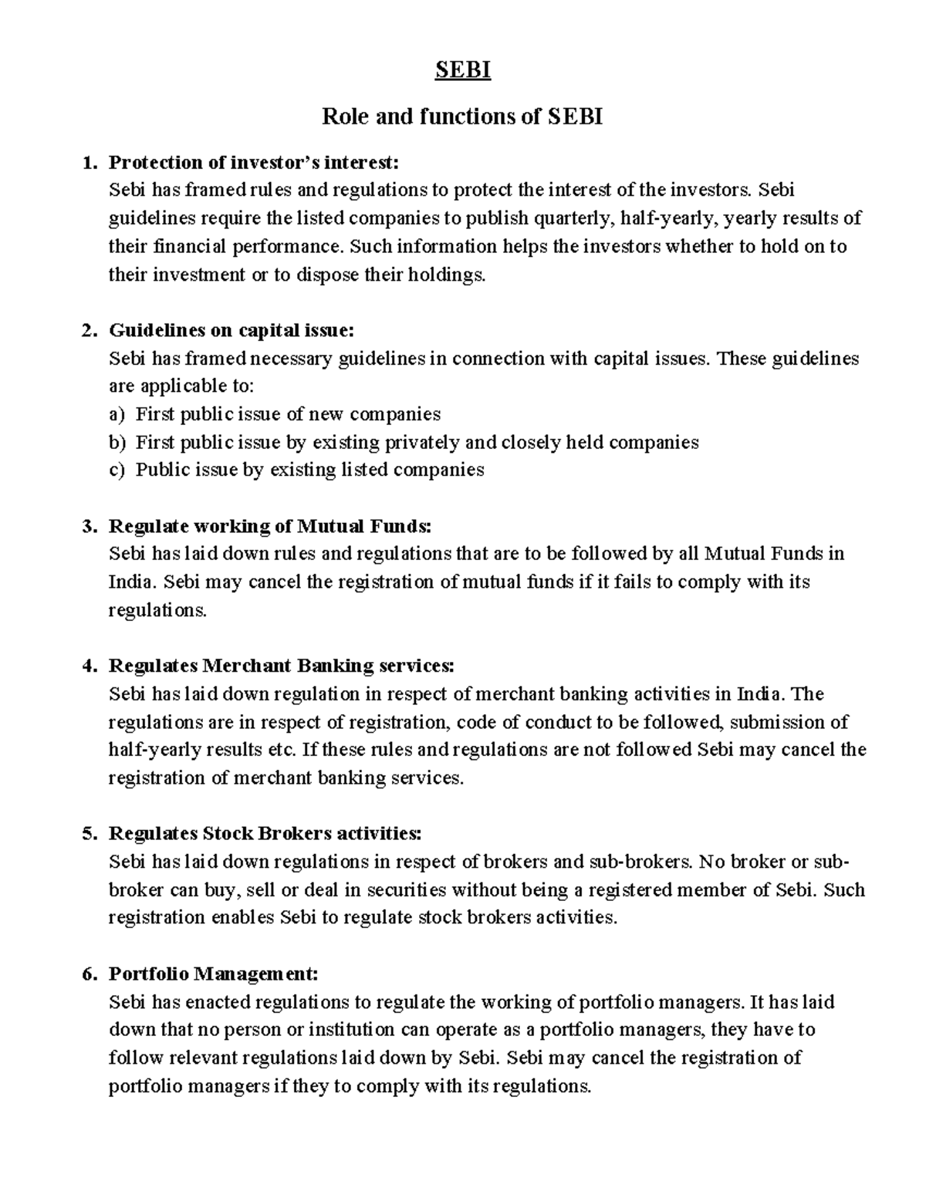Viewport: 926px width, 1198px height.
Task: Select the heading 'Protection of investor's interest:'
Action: point(254,162)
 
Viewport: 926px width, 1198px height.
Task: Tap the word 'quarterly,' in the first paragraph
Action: point(569,218)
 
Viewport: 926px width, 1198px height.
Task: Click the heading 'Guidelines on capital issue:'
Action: point(231,330)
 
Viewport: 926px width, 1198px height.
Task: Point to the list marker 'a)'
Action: point(116,414)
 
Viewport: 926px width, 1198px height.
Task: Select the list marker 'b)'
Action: point(116,442)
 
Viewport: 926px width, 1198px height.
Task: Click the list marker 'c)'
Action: point(116,470)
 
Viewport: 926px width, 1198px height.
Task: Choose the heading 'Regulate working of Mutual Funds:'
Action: point(270,526)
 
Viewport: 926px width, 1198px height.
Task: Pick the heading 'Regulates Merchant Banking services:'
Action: point(282,666)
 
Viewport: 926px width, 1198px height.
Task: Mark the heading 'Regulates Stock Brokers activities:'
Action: point(265,834)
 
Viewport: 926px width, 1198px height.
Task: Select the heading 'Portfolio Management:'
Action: point(213,974)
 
